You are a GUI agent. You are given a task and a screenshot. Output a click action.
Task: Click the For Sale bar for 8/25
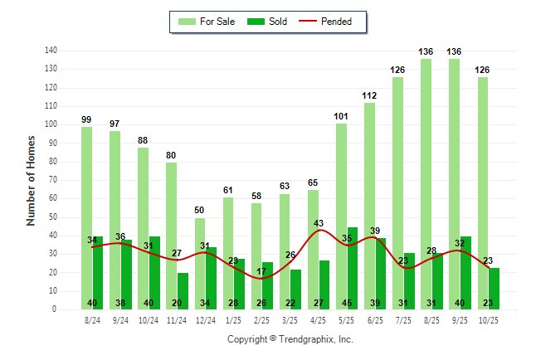(x=426, y=182)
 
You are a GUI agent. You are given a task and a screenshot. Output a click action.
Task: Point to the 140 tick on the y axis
(x=51, y=51)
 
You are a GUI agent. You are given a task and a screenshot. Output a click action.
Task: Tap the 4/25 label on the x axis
(x=319, y=321)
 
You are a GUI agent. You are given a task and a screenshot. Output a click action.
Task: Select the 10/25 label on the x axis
(x=488, y=321)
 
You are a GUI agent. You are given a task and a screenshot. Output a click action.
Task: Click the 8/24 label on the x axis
(x=92, y=321)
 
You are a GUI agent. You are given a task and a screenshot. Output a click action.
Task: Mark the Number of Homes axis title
(x=31, y=180)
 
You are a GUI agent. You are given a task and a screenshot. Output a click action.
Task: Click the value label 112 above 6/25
(x=369, y=95)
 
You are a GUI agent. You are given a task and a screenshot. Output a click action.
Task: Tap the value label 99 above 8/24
(x=86, y=119)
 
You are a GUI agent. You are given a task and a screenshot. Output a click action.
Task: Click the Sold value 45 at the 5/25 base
(x=347, y=303)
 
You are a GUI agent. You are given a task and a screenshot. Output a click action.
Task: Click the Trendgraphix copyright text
(x=290, y=339)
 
